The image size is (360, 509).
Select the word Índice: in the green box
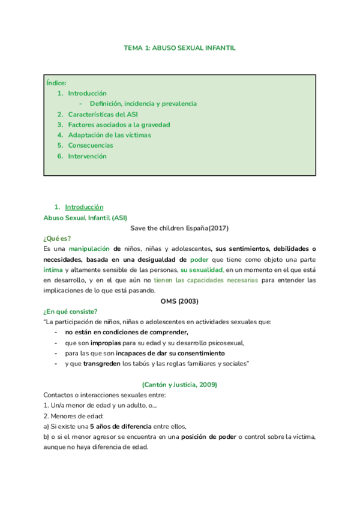(56, 83)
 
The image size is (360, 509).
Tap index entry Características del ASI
(103, 114)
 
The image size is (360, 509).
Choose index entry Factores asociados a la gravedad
(119, 125)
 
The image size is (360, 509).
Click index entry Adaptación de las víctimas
(109, 135)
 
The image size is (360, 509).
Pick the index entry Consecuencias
(90, 145)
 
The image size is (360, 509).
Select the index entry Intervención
(87, 156)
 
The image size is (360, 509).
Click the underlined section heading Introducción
(84, 207)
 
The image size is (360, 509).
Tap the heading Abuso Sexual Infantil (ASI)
(85, 217)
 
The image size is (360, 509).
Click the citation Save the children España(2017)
(179, 227)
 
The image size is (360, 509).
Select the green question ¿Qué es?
(58, 238)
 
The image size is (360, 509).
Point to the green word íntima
(53, 270)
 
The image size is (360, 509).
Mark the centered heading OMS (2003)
(179, 301)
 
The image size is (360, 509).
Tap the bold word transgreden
(101, 364)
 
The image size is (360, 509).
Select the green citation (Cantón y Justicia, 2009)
(179, 384)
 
